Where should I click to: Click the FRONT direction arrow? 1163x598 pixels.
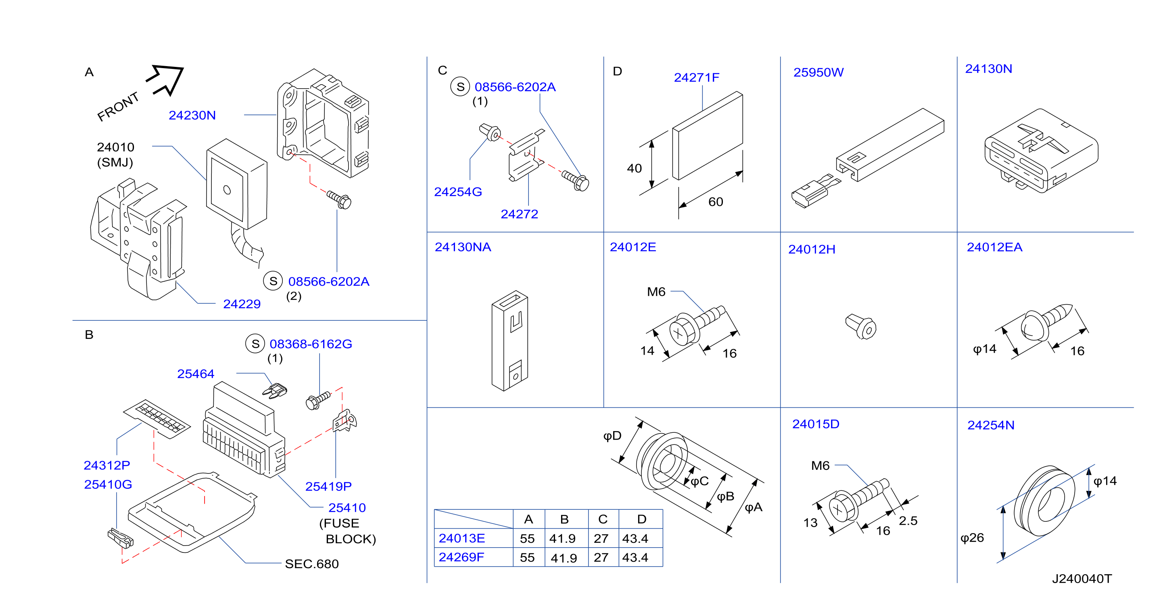[166, 79]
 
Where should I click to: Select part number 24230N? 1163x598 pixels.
[192, 116]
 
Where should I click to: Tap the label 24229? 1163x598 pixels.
[242, 304]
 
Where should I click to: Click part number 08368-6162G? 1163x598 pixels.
[311, 344]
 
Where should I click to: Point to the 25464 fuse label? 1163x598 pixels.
[196, 374]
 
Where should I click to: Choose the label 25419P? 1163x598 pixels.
[328, 487]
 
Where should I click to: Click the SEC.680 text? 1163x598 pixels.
[311, 564]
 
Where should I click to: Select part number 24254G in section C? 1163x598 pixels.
[458, 192]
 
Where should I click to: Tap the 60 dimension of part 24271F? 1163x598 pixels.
[716, 202]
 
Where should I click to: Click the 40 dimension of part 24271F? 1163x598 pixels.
[634, 169]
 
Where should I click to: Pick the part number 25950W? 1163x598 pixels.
[818, 73]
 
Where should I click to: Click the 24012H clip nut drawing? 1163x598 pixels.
[861, 326]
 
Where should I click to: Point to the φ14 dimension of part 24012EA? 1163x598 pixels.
[984, 349]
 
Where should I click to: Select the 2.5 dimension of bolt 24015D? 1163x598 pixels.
[908, 521]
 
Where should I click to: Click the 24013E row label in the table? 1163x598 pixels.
[462, 538]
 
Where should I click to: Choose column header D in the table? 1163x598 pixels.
[641, 519]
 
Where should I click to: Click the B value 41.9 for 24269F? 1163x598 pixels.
[564, 559]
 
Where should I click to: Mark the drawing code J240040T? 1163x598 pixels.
[1082, 579]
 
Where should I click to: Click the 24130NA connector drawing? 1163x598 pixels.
[510, 341]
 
